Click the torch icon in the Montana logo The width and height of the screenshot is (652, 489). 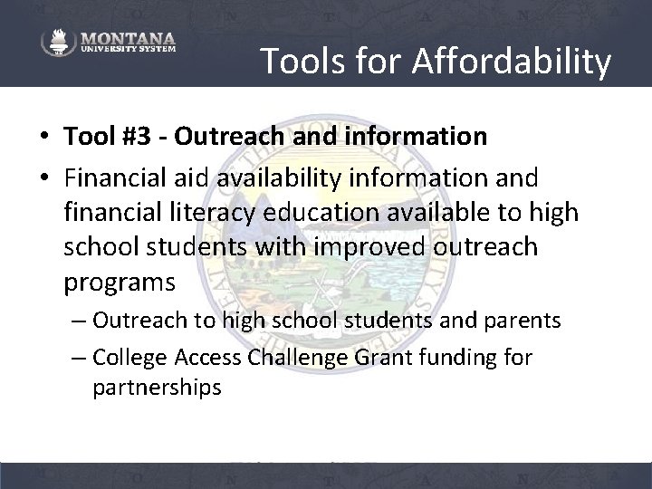tap(57, 43)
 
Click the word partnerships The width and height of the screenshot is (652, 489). tap(156, 388)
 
